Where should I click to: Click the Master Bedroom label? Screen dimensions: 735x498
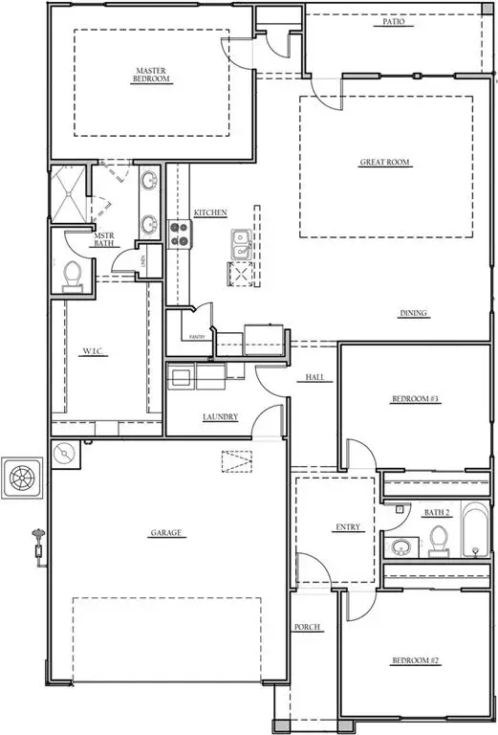pyautogui.click(x=152, y=75)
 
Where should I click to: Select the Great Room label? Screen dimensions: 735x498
pyautogui.click(x=384, y=163)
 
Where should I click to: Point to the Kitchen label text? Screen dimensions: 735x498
pyautogui.click(x=210, y=212)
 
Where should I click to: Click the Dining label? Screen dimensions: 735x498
pyautogui.click(x=413, y=314)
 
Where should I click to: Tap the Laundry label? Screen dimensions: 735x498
pyautogui.click(x=220, y=417)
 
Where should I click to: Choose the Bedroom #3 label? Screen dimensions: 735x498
pyautogui.click(x=414, y=398)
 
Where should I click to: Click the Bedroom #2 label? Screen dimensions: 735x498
pyautogui.click(x=414, y=660)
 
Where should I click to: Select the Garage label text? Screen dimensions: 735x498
pyautogui.click(x=165, y=533)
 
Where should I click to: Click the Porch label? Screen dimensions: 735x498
pyautogui.click(x=308, y=627)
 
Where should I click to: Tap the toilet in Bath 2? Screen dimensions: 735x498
pyautogui.click(x=438, y=540)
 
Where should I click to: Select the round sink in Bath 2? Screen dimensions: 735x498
pyautogui.click(x=401, y=548)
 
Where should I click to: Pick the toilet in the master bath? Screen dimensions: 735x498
pyautogui.click(x=70, y=276)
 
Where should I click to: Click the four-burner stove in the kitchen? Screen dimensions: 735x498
pyautogui.click(x=179, y=229)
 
